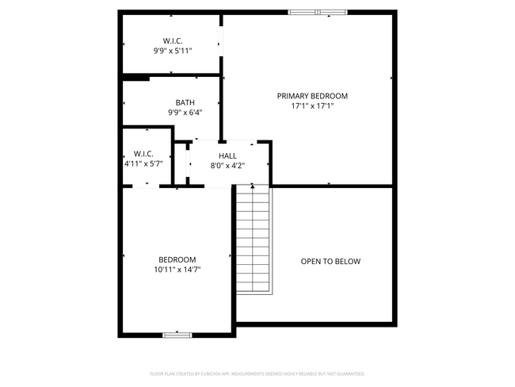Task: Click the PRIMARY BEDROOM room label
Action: click(x=312, y=96)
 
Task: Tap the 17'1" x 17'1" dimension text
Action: click(x=312, y=106)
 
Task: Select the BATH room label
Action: click(x=185, y=102)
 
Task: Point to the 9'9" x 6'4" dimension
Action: click(x=185, y=113)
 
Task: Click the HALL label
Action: click(x=227, y=155)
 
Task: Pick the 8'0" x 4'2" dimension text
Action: click(x=227, y=166)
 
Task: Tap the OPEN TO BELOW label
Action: click(x=330, y=262)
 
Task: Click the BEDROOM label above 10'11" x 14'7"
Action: click(x=177, y=259)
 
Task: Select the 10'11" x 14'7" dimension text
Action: click(x=177, y=270)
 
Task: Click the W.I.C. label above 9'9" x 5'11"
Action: click(x=173, y=40)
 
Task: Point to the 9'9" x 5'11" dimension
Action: click(x=173, y=51)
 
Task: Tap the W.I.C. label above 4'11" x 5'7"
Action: click(x=143, y=153)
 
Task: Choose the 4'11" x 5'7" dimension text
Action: click(x=143, y=163)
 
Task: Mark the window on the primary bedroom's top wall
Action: click(x=317, y=12)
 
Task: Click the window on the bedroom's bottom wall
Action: click(x=177, y=335)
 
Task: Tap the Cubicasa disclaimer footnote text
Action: click(x=257, y=374)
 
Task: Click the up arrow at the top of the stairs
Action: click(x=253, y=186)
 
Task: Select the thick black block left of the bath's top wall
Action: click(x=135, y=77)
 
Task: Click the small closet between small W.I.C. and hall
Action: click(x=180, y=164)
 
